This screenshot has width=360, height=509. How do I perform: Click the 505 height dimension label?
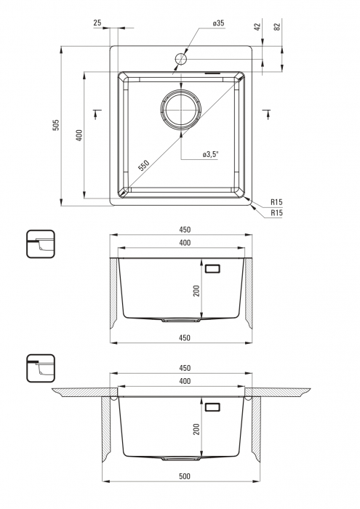tap(56, 125)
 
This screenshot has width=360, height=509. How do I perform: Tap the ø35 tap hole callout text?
tap(218, 23)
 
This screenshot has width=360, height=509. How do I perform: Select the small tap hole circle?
tap(181, 59)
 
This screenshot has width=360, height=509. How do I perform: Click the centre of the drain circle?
tap(181, 109)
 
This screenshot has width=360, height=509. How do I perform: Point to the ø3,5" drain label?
tap(210, 154)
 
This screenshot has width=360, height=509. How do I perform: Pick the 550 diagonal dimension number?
tap(143, 165)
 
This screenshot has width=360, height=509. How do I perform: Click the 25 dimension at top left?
tap(97, 23)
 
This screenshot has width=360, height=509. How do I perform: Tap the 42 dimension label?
tap(257, 27)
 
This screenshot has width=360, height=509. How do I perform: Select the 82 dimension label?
tap(277, 27)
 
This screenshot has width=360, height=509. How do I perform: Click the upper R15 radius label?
tap(276, 202)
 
